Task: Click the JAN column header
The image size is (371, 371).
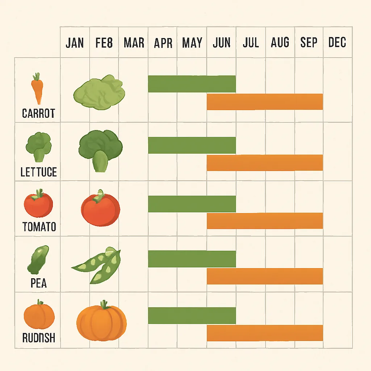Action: [x=75, y=43]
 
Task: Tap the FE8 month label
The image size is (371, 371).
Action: [x=104, y=43]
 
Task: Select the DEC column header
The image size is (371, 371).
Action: [x=337, y=43]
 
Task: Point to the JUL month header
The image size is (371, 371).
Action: [x=251, y=43]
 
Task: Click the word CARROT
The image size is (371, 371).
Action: [x=38, y=113]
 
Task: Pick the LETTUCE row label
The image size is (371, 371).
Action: [x=38, y=172]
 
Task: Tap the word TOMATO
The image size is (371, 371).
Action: [x=39, y=227]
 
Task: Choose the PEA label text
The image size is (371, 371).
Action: [x=38, y=283]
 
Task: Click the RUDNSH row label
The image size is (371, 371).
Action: [x=38, y=338]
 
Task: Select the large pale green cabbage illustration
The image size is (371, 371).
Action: [x=99, y=93]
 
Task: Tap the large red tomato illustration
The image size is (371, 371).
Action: [x=100, y=208]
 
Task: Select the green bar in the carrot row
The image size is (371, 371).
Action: [x=192, y=84]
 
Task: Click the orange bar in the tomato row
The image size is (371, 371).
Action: [x=264, y=221]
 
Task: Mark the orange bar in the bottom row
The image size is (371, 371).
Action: [x=264, y=333]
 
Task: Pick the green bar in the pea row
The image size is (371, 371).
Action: [x=192, y=259]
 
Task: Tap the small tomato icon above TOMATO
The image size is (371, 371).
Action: [x=38, y=204]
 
